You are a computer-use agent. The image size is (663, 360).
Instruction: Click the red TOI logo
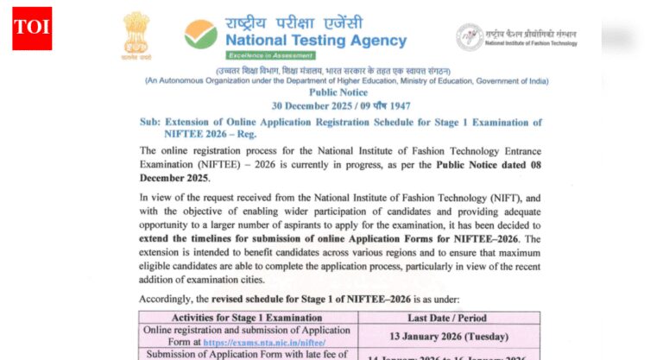click(x=32, y=28)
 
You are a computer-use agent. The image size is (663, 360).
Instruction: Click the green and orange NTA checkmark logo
click(x=200, y=34)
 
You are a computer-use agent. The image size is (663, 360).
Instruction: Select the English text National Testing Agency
click(x=315, y=41)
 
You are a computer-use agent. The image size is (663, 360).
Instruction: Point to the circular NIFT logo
click(x=469, y=36)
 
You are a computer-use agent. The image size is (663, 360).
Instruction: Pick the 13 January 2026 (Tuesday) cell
click(x=449, y=336)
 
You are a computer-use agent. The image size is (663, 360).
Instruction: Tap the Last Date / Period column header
click(x=449, y=318)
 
